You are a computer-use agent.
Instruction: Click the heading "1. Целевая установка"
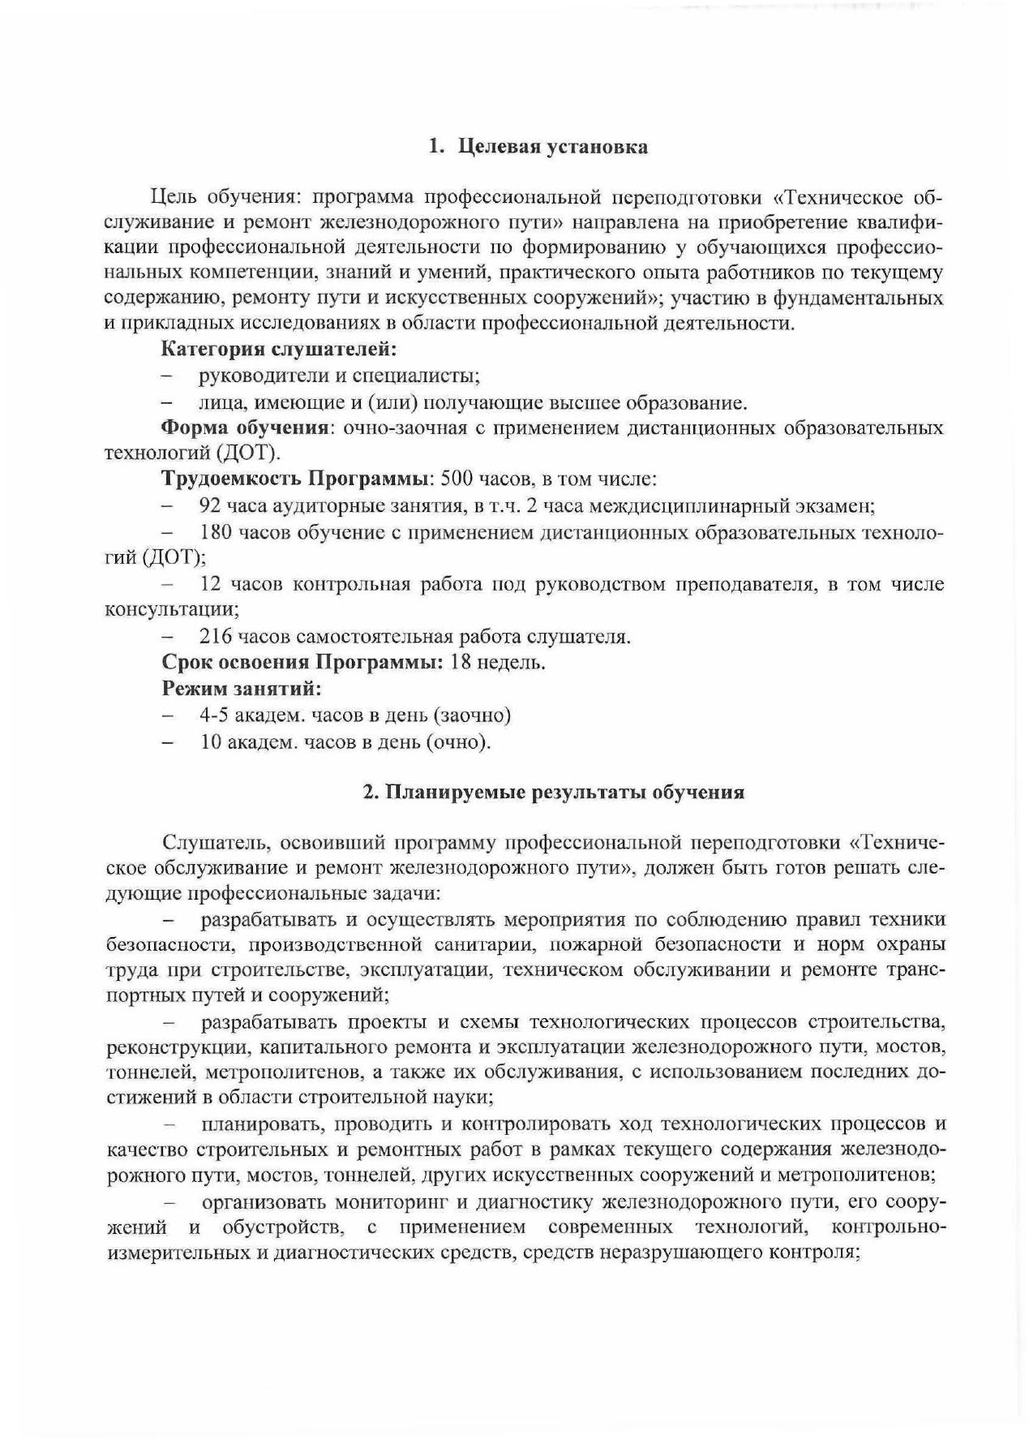coord(538,147)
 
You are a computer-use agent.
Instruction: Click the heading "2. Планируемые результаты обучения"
coord(553,792)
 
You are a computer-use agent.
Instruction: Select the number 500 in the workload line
coord(456,479)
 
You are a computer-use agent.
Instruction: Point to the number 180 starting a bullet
coord(217,532)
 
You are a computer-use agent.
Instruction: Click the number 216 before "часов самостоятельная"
coord(217,637)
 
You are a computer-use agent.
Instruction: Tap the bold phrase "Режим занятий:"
coord(242,689)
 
